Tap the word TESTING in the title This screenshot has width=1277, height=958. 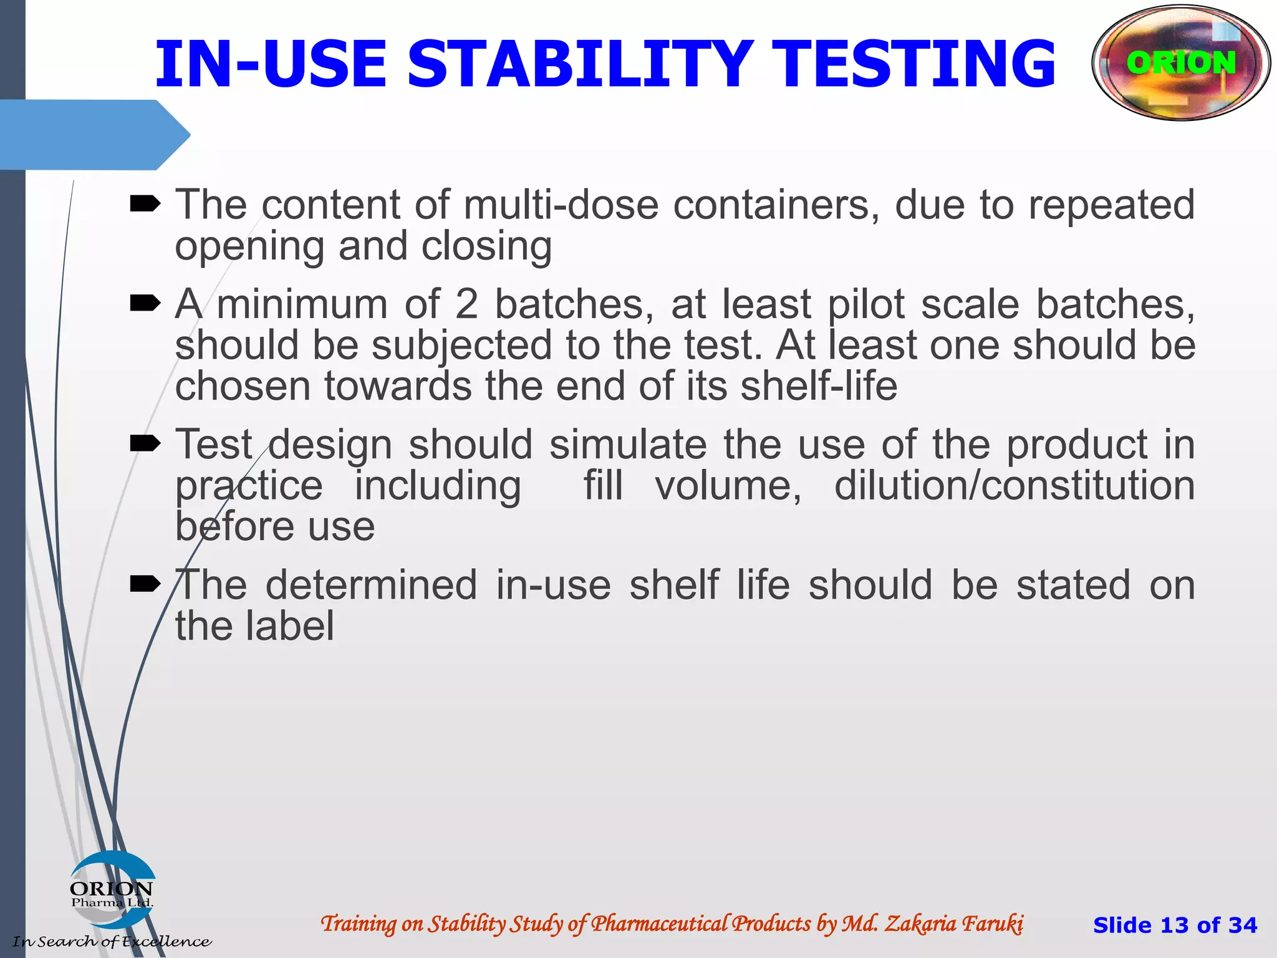[917, 64]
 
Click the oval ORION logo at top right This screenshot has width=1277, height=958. [1181, 62]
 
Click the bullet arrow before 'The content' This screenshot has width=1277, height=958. [145, 203]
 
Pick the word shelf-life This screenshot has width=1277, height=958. [819, 386]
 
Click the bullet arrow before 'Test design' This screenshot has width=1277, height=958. [145, 443]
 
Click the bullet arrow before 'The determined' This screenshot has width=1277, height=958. [145, 584]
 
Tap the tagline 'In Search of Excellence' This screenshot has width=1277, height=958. [112, 941]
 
